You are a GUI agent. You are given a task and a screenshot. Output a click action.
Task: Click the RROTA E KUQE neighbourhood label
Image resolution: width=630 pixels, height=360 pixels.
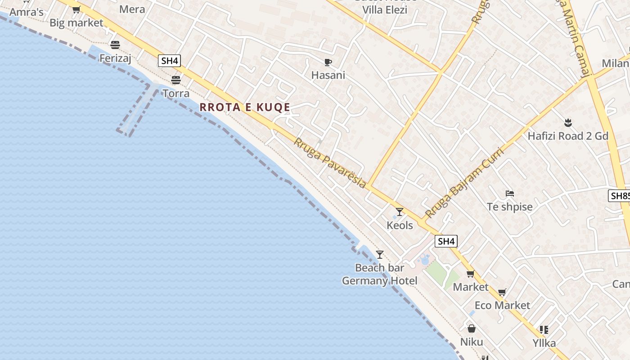click(x=245, y=107)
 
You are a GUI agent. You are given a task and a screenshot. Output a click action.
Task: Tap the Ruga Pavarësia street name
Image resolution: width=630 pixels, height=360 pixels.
click(x=330, y=163)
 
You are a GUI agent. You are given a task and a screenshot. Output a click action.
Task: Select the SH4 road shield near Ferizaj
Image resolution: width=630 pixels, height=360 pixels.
click(x=169, y=61)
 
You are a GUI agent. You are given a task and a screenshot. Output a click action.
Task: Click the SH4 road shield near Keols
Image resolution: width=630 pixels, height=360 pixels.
click(x=446, y=241)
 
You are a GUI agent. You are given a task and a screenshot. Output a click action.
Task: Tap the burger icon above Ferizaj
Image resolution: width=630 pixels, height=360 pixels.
click(x=115, y=45)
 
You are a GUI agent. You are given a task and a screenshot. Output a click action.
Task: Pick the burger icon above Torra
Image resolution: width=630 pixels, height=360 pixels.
click(x=176, y=80)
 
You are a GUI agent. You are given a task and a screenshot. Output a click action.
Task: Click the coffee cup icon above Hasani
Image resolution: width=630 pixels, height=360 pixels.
click(x=328, y=62)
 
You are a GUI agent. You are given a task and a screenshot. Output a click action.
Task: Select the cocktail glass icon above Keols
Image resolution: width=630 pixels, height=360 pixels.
click(x=400, y=211)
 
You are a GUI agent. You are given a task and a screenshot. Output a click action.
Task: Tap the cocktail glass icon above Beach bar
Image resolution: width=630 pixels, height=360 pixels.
click(x=380, y=254)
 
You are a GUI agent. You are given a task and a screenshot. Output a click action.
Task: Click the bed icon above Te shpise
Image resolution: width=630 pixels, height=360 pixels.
click(x=509, y=193)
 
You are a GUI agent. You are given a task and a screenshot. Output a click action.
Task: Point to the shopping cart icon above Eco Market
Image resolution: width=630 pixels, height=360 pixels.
click(x=502, y=292)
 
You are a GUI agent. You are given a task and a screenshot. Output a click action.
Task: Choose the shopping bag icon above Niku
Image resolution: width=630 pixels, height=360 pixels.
click(x=472, y=328)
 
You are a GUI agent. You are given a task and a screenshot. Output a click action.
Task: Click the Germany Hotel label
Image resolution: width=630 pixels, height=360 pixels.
click(x=379, y=281)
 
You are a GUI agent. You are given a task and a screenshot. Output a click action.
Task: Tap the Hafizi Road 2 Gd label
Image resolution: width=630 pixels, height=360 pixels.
click(x=568, y=136)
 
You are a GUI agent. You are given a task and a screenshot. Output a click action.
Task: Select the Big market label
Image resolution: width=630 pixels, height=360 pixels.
click(x=76, y=22)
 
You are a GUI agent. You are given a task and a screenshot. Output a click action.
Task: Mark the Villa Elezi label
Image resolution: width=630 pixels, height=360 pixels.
click(x=385, y=10)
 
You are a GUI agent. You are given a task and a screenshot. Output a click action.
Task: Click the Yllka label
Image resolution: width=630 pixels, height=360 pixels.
click(x=544, y=343)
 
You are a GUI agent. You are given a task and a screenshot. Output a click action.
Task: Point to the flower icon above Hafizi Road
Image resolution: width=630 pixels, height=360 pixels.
click(x=567, y=122)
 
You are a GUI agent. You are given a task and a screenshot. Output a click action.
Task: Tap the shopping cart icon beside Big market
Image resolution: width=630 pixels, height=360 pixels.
click(x=76, y=9)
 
